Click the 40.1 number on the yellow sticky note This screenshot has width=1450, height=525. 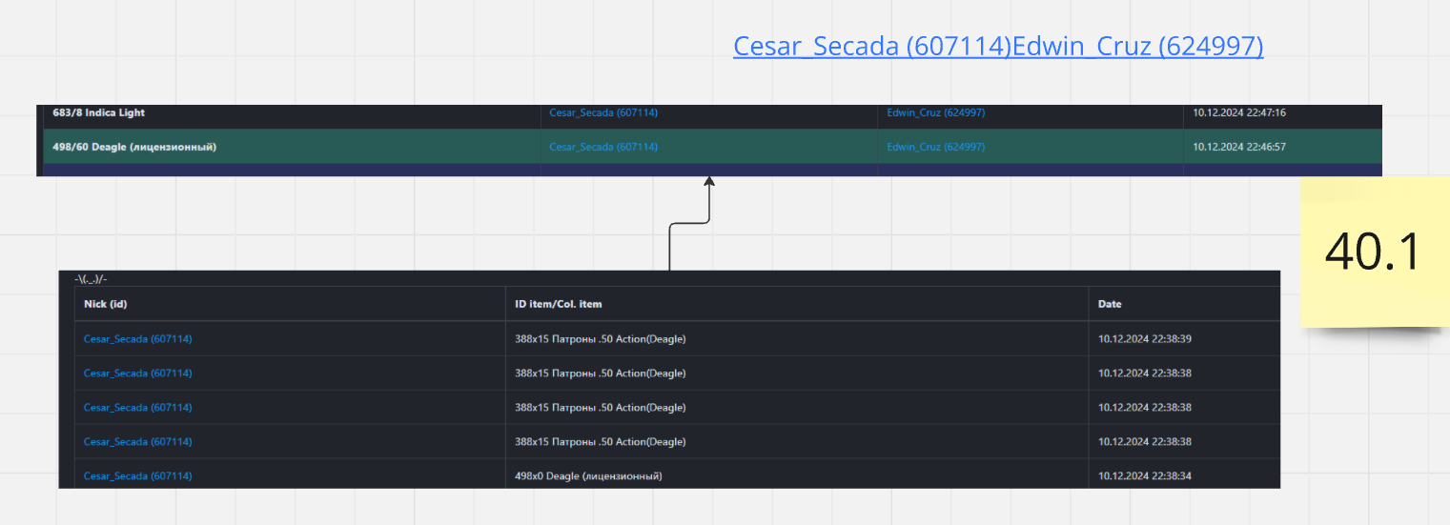point(1373,252)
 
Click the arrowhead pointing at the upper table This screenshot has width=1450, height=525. point(709,181)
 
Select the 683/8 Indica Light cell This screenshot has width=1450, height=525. point(98,112)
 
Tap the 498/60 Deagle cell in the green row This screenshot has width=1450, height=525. point(134,147)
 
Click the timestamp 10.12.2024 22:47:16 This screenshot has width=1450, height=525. point(1239,112)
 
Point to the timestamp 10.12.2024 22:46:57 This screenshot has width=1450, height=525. point(1239,147)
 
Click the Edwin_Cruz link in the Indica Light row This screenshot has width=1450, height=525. point(935,112)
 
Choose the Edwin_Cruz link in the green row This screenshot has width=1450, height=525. point(935,147)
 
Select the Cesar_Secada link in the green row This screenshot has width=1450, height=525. point(603,147)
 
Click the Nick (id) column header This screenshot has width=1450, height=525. point(106,304)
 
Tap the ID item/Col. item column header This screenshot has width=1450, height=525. point(558,304)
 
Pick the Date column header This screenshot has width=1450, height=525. point(1110,304)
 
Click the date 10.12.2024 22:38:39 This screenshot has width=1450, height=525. point(1145,338)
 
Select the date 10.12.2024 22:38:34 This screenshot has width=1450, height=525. point(1145,475)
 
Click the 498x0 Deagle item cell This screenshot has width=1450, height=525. point(588,475)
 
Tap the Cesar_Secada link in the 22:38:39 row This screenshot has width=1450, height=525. point(138,338)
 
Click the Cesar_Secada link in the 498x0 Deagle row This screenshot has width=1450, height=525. point(138,475)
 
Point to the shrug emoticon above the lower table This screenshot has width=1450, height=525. point(91,279)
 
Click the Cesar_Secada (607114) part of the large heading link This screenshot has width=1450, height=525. point(872,46)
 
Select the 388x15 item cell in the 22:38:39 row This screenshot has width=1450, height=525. point(600,338)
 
